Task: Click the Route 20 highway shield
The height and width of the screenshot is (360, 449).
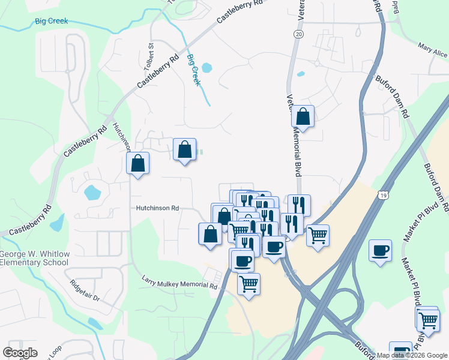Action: point(298,35)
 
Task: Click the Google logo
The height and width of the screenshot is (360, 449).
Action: point(20,353)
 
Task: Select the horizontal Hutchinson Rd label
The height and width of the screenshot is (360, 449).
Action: point(157,208)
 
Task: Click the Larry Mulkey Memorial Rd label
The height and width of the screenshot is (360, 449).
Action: point(179,283)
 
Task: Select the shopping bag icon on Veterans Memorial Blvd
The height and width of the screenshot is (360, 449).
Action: point(304,117)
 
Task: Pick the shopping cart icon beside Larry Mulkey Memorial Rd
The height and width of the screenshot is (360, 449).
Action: point(249,283)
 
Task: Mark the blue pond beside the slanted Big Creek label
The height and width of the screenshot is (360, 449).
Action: point(206,68)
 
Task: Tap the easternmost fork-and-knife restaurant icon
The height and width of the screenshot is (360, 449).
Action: point(299,205)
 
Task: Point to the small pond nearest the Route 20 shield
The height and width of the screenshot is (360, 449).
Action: point(301,75)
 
